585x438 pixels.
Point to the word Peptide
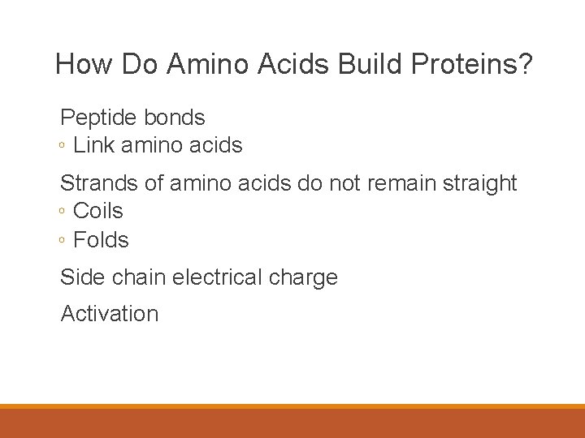pyautogui.click(x=99, y=118)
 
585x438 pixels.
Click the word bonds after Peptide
pyautogui.click(x=175, y=118)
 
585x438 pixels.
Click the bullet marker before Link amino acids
pyautogui.click(x=63, y=147)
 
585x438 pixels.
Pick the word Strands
pyautogui.click(x=99, y=183)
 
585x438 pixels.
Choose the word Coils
pyautogui.click(x=98, y=211)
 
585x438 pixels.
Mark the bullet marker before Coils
pyautogui.click(x=63, y=213)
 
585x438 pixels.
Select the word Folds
pyautogui.click(x=101, y=240)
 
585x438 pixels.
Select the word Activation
pyautogui.click(x=110, y=314)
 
